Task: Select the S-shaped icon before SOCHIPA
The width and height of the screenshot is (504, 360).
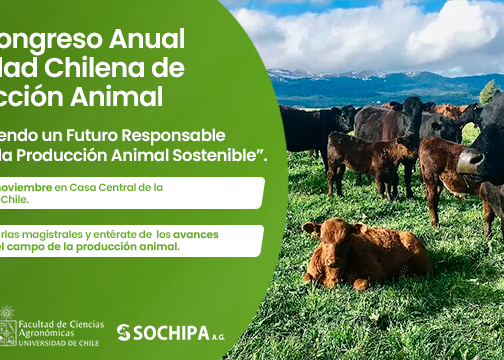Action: pyautogui.click(x=124, y=332)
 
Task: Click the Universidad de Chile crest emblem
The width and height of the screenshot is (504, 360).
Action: pyautogui.click(x=7, y=328)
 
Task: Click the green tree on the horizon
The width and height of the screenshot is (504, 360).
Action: pyautogui.click(x=488, y=93)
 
